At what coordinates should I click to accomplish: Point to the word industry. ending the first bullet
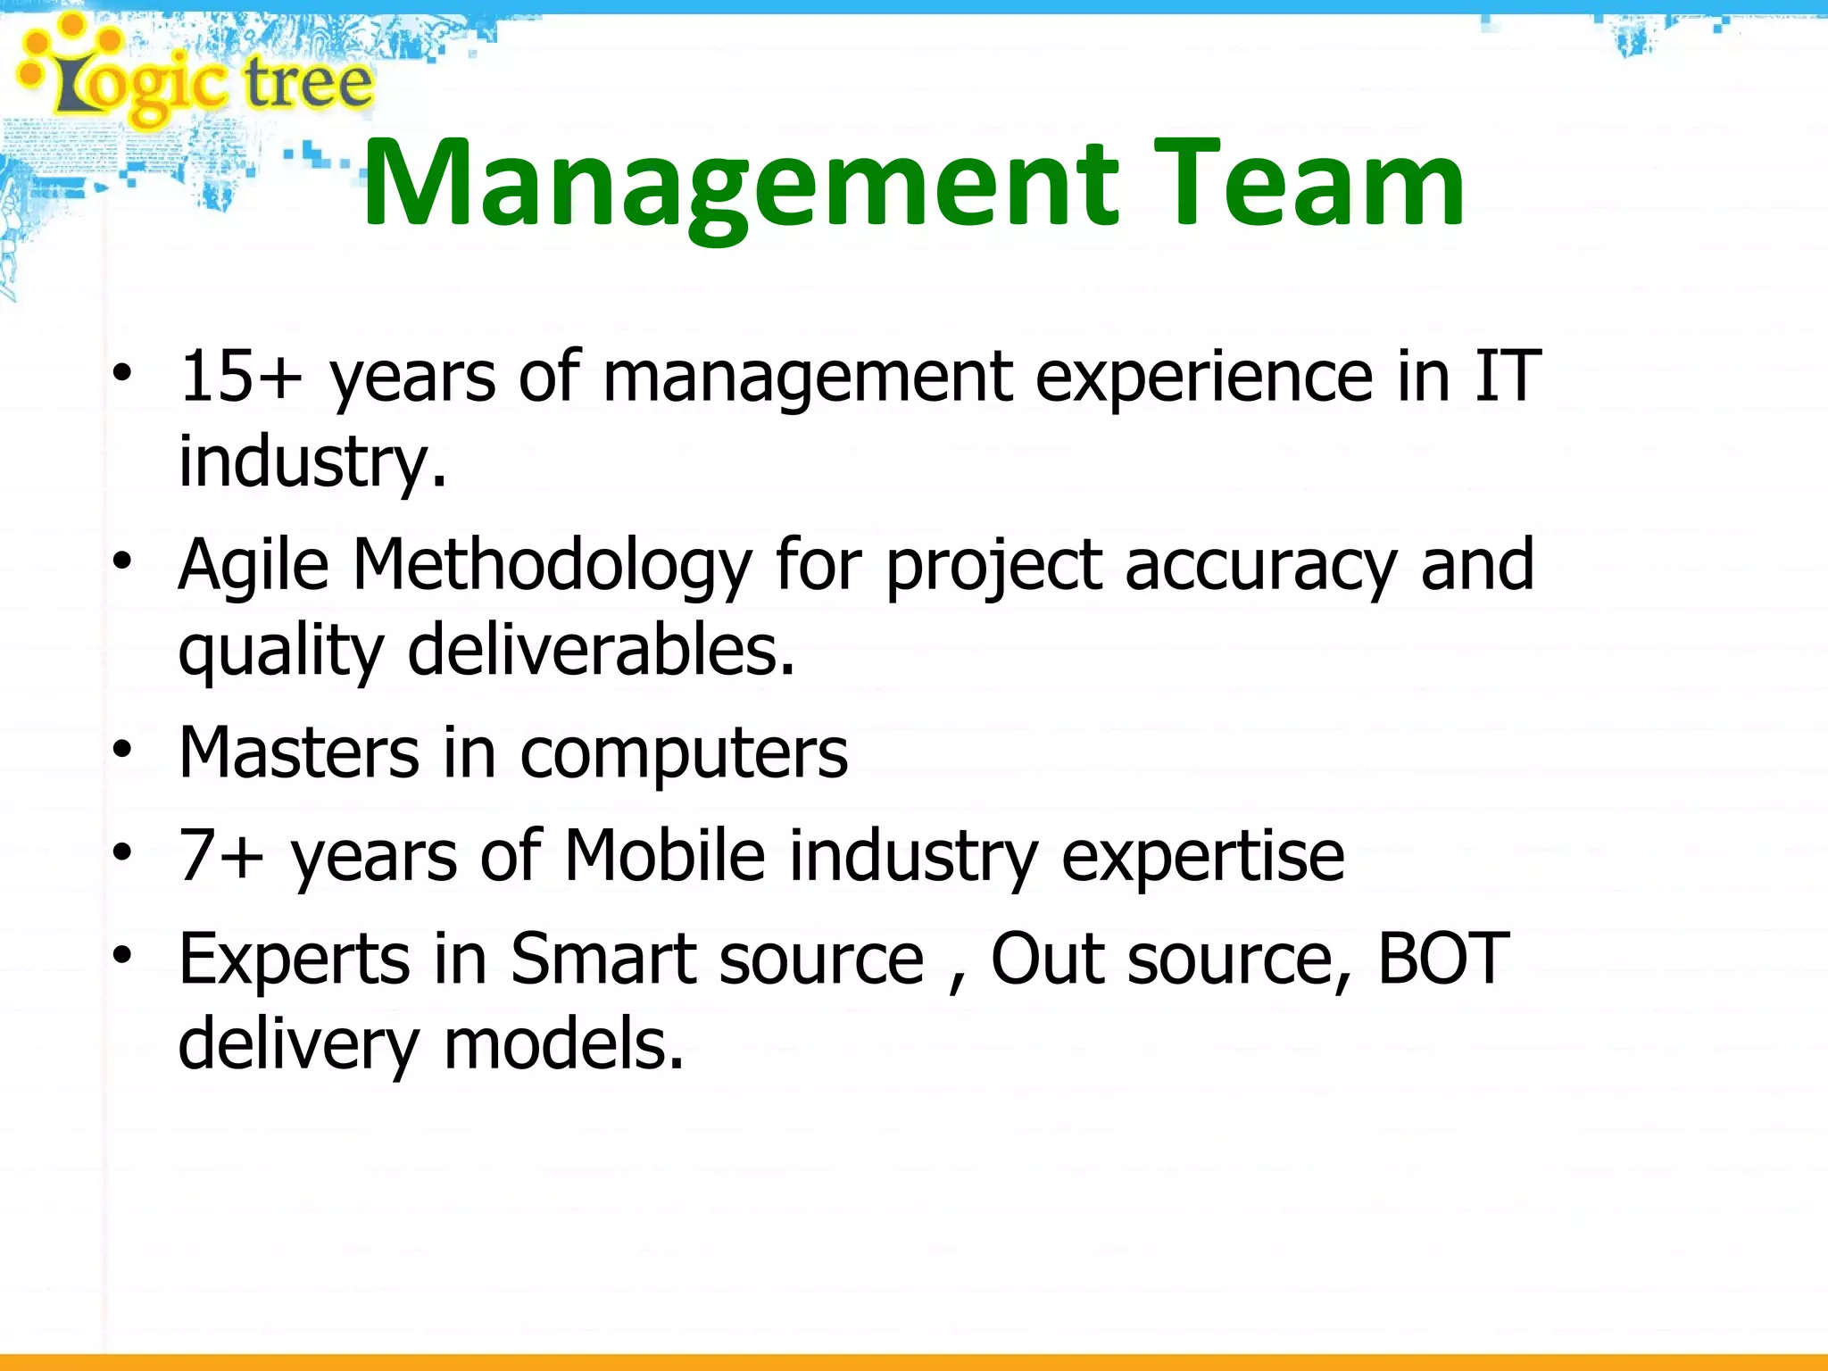coord(312,461)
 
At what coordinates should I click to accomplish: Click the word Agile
coord(253,566)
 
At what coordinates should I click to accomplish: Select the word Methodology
coord(553,566)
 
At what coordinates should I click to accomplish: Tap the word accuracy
coord(1259,566)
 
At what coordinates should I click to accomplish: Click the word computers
coord(684,754)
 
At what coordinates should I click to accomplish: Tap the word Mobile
coord(664,855)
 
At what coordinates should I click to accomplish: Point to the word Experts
coord(294,959)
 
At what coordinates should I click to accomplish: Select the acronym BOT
coord(1443,959)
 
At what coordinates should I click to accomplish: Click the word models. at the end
coord(563,1044)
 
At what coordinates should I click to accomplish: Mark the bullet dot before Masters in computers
coord(122,751)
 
